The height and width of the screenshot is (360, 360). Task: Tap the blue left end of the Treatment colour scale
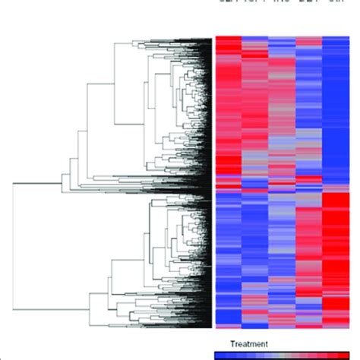(x=220, y=355)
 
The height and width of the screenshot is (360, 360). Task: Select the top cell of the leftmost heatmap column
(x=229, y=39)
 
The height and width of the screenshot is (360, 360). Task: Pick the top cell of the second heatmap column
(x=255, y=39)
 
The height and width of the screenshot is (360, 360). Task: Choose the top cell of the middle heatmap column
(x=282, y=39)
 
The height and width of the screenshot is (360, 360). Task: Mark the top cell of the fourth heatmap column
(x=308, y=39)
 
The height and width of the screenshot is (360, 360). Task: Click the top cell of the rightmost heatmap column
(x=335, y=39)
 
